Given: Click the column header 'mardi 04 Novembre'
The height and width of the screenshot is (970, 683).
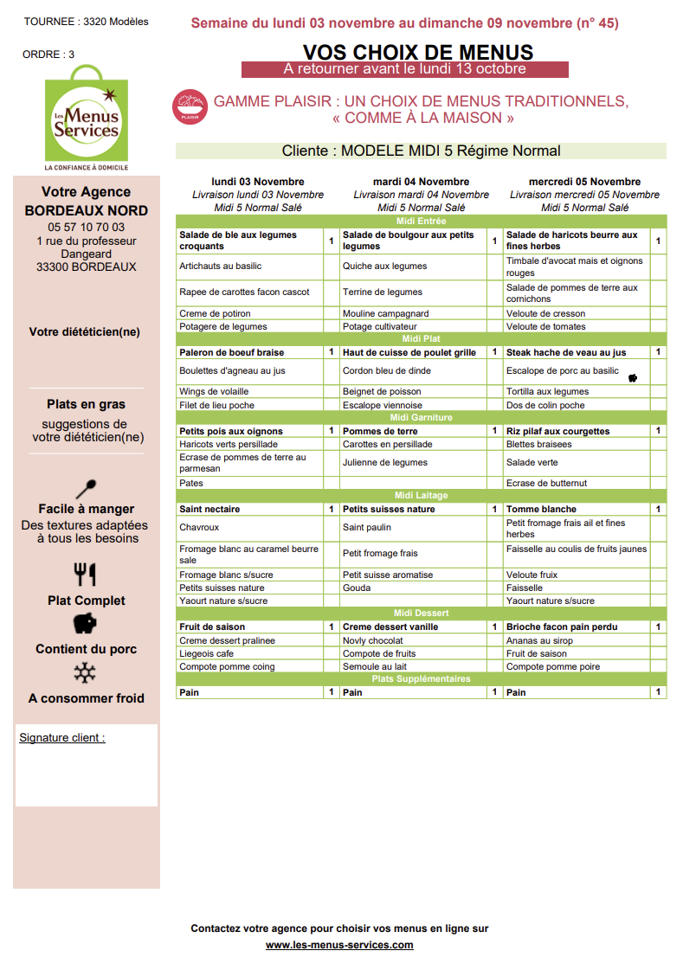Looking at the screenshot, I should tap(421, 182).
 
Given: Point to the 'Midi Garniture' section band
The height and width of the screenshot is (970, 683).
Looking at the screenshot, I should tap(421, 418).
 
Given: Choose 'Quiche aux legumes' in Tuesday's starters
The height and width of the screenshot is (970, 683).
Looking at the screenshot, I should tap(385, 267).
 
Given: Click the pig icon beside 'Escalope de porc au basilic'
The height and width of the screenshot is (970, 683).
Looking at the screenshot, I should tap(633, 378).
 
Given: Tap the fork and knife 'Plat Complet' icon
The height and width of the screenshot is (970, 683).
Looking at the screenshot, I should tap(85, 574).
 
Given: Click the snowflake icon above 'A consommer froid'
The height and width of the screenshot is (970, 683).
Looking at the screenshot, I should tap(85, 673).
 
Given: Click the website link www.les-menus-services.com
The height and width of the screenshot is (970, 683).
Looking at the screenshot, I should tap(339, 945).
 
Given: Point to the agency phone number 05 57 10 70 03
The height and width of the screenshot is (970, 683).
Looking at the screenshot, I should tap(86, 228).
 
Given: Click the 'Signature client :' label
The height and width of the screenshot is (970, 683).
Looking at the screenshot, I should tap(62, 738).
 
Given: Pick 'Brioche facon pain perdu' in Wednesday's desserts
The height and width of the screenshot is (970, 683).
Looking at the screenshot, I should tap(560, 627).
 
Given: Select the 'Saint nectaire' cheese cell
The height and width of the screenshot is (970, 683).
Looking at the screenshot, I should tap(210, 510).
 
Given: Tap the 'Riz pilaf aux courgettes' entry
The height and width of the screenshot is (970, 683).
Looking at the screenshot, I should tap(558, 431).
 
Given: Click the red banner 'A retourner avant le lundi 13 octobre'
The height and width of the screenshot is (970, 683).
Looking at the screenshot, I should tap(404, 69).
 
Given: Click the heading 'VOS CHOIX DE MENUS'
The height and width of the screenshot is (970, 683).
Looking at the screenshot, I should tap(418, 53).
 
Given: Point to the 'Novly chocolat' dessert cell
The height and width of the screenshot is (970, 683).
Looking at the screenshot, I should tap(373, 641).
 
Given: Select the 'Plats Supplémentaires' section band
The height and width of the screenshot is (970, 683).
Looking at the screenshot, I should tap(421, 679).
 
